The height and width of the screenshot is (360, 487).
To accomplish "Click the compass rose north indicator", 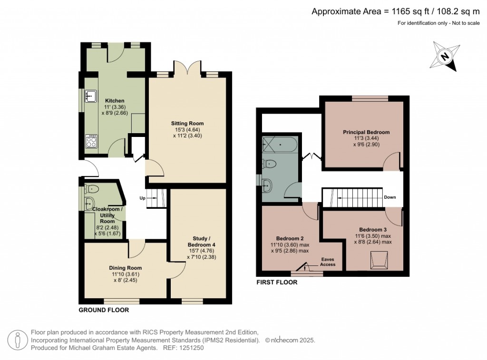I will click(x=445, y=56).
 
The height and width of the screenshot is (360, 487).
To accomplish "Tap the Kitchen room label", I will click(x=115, y=101).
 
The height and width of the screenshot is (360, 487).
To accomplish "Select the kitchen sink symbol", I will click(x=90, y=96).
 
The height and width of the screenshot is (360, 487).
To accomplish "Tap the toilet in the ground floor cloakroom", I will click(x=91, y=189).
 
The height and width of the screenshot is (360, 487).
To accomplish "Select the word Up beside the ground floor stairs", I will click(x=142, y=198).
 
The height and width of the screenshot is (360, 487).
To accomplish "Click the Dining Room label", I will click(x=125, y=268).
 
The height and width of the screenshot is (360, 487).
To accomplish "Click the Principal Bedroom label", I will click(x=366, y=132).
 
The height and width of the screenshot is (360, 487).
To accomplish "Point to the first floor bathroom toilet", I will click(x=270, y=164).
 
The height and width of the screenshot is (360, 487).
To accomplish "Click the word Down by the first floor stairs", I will click(x=390, y=197).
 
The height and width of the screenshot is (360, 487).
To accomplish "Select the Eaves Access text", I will click(x=327, y=262).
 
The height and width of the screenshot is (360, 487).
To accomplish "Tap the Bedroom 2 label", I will click(x=290, y=238).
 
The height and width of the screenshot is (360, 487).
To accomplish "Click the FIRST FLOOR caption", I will click(x=277, y=282).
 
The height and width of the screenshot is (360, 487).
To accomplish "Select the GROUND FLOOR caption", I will click(x=104, y=310).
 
